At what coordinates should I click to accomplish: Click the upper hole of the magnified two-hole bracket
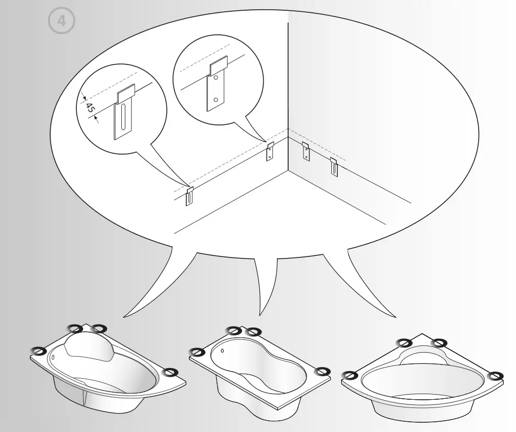217,78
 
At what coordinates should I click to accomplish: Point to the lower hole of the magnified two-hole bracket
216,99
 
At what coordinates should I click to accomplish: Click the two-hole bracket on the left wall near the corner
270,152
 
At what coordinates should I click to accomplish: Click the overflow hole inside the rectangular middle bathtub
223,351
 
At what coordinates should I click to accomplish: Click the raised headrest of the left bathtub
91,344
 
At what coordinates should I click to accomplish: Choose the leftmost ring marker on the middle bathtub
196,352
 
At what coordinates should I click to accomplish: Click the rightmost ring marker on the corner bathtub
494,376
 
